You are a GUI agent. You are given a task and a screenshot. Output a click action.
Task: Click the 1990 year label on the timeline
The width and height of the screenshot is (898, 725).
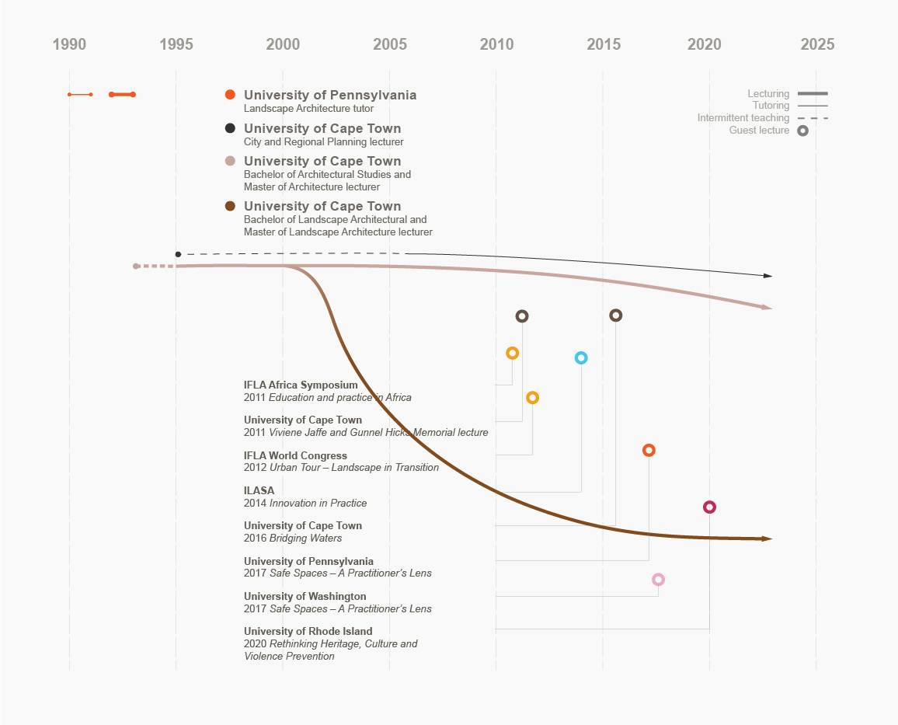[69, 45]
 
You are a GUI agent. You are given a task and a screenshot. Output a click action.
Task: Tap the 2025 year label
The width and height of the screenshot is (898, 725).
[817, 45]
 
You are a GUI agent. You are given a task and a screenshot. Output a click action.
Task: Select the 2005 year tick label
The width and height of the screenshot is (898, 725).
[390, 45]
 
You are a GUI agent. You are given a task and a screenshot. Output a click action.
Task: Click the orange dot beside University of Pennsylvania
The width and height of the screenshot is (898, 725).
[230, 95]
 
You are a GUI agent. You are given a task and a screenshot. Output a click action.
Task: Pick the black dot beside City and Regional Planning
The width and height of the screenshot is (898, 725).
[230, 128]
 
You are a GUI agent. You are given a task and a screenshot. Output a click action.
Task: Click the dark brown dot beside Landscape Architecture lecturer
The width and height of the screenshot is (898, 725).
[230, 206]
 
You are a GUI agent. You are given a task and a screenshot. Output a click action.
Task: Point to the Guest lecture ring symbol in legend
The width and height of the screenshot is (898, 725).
[802, 131]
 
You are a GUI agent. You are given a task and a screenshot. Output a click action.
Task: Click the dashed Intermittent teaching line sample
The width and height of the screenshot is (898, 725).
[813, 118]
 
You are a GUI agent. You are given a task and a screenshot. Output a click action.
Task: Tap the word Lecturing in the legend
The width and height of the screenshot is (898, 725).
[768, 94]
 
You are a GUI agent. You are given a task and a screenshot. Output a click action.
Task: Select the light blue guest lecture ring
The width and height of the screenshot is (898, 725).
[581, 358]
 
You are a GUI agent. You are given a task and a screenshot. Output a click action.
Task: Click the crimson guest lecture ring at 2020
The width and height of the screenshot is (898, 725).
[709, 507]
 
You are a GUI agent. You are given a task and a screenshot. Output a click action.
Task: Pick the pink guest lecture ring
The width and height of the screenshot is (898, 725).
[658, 580]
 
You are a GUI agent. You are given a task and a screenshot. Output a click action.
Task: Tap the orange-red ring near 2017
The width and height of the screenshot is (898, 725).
[649, 451]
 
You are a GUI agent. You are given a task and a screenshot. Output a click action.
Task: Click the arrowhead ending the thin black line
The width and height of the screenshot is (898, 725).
[767, 276]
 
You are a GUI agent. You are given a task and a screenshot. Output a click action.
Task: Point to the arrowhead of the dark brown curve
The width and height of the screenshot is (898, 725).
[767, 539]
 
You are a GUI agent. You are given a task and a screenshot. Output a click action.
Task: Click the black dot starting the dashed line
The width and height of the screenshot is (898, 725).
[178, 254]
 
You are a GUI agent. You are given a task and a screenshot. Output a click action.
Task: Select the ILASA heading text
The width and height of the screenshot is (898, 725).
[259, 490]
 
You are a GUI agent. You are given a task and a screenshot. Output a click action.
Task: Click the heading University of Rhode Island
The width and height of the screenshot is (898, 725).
[308, 631]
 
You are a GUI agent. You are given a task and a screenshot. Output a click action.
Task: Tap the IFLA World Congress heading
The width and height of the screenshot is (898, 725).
[295, 455]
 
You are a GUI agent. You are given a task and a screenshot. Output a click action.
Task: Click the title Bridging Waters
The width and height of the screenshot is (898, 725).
[305, 538]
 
